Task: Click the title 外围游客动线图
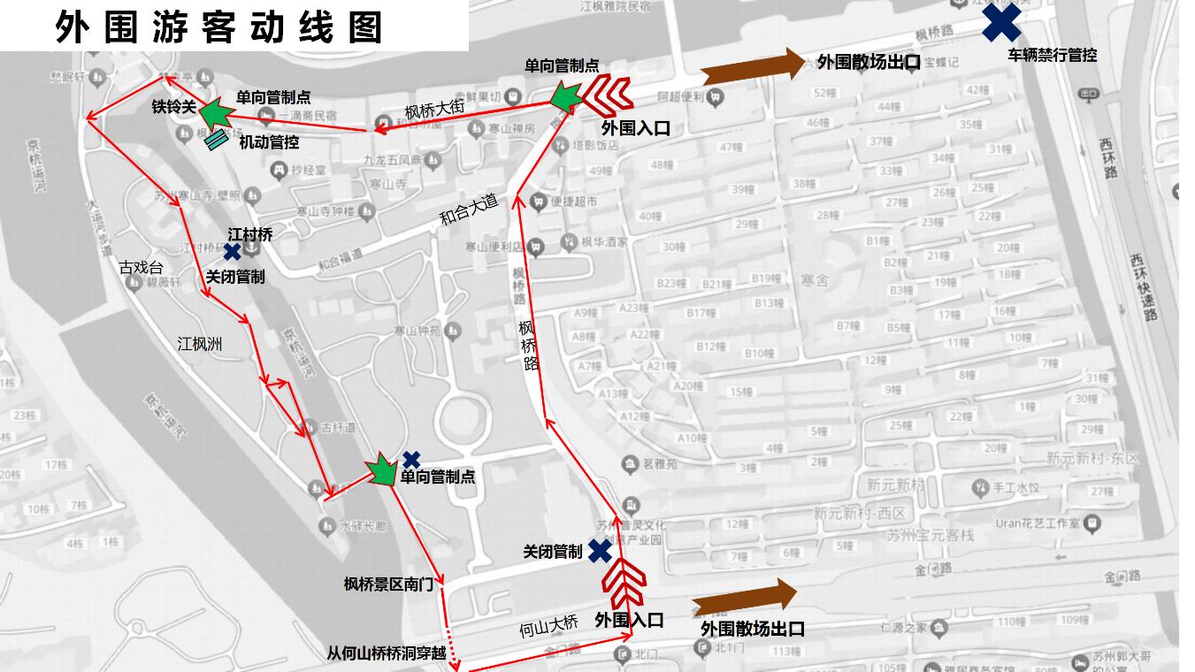point(218,27)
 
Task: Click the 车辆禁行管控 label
point(1052,55)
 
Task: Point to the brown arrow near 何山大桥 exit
point(744,598)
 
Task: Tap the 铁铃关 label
point(173,107)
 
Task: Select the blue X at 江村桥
point(232,252)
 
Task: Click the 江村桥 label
point(250,234)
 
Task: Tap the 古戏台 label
point(142,267)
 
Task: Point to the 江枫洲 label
point(199,344)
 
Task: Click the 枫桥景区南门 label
point(388,584)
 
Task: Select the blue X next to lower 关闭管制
point(600,551)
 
